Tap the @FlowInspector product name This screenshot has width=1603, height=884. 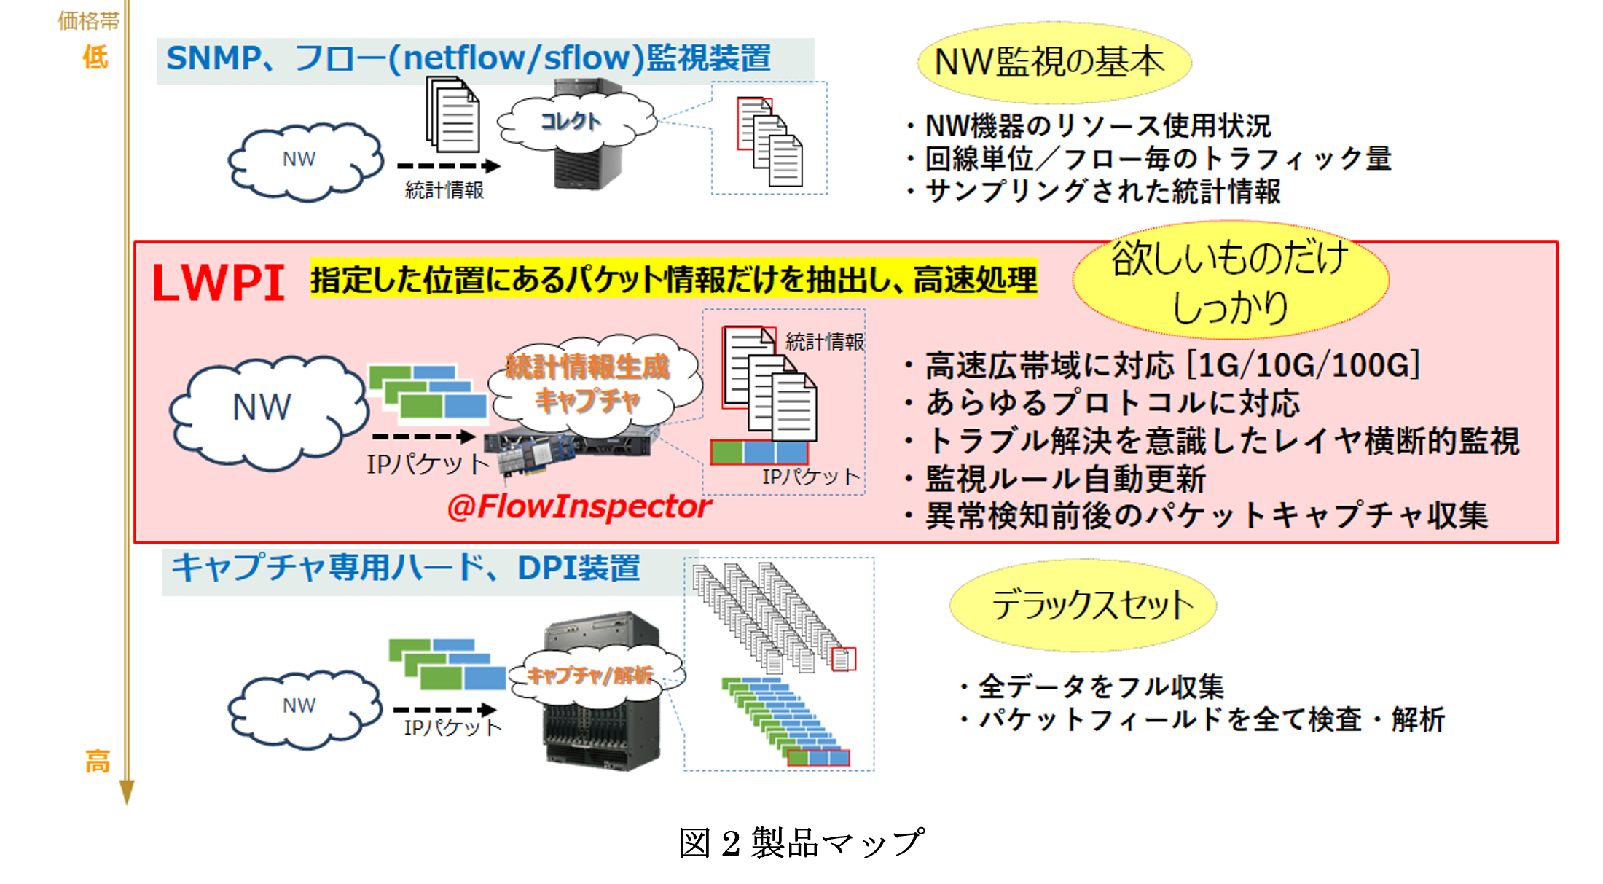[579, 506]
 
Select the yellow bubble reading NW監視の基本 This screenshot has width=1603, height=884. [1052, 63]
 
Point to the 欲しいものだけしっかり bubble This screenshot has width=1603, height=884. [1230, 281]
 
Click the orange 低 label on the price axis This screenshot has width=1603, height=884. [95, 57]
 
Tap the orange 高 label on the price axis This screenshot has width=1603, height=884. [97, 762]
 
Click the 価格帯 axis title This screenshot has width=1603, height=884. [88, 20]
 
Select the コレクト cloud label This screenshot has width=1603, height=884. [571, 121]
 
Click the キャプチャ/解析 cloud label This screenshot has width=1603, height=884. [590, 676]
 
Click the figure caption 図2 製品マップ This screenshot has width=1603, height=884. [801, 843]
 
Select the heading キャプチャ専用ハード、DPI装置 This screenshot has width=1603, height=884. [405, 568]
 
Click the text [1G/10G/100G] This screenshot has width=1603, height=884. [1304, 365]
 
